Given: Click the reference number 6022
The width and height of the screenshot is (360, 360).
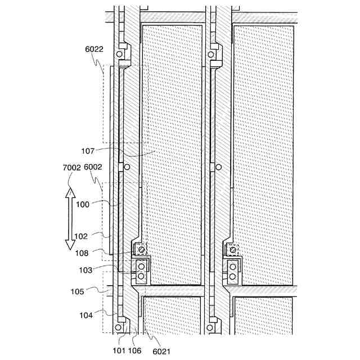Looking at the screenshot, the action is pos(94,49).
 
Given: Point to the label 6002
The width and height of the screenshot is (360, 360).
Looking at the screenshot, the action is pos(92,168).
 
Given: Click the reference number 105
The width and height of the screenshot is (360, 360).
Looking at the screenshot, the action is pos(78,291).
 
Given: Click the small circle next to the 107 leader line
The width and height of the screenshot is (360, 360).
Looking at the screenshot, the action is pos(127,167).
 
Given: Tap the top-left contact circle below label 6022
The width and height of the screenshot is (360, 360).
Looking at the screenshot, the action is pos(119,55).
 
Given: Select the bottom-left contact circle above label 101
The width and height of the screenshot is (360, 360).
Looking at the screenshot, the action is pos(119,327).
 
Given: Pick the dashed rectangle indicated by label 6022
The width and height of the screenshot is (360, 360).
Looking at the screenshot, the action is pos(123,104).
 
